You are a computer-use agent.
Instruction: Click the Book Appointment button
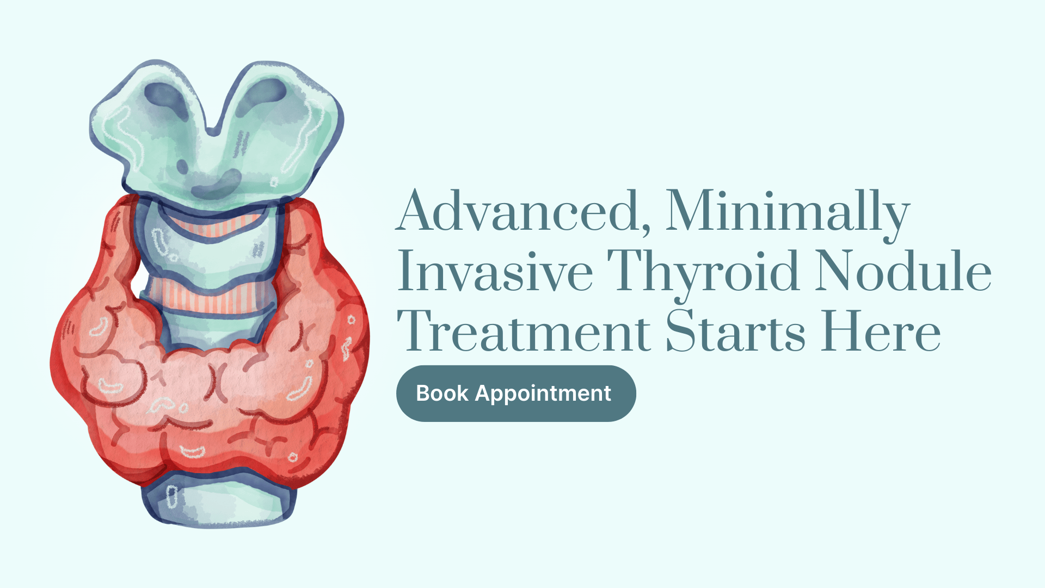516,393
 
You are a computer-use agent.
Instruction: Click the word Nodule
903,271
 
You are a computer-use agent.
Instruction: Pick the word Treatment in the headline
524,330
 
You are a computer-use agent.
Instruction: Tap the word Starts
736,330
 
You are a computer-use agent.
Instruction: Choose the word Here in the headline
881,330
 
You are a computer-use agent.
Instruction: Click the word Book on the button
442,393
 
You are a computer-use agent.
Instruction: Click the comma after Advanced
646,228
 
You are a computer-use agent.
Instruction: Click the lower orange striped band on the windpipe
210,297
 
